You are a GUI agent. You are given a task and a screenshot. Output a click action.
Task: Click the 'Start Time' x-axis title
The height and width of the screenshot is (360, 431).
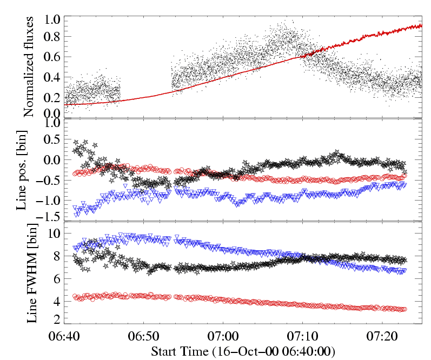(x=243, y=351)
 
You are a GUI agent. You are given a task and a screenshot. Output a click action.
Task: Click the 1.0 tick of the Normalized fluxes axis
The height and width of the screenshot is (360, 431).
(x=52, y=19)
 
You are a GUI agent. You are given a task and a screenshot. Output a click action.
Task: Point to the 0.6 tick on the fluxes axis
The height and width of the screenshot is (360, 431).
(x=52, y=57)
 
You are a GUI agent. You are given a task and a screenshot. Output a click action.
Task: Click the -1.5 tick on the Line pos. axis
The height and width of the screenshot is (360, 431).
(x=50, y=217)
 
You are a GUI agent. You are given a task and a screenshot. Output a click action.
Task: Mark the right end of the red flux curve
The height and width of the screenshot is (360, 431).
(x=421, y=25)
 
